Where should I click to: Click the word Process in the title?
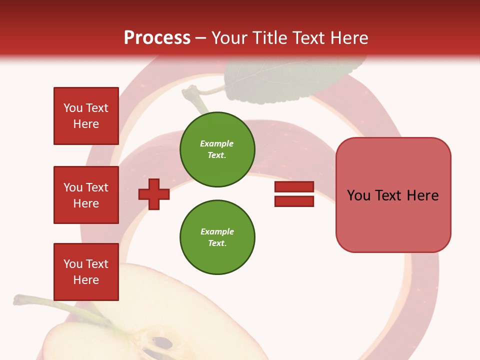[157, 38]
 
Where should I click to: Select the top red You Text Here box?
[86, 116]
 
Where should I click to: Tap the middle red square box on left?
[86, 195]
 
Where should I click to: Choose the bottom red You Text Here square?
[86, 271]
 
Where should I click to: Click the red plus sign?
[154, 194]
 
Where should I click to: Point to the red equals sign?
[294, 194]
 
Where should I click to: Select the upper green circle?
[217, 149]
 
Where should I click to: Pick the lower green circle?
[217, 237]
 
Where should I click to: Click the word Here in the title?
[349, 38]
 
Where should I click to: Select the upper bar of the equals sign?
[294, 187]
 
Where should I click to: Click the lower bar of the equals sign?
[294, 201]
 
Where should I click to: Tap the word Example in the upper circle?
[216, 143]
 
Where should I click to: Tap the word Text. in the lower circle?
[217, 243]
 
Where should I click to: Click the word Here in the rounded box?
[422, 195]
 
